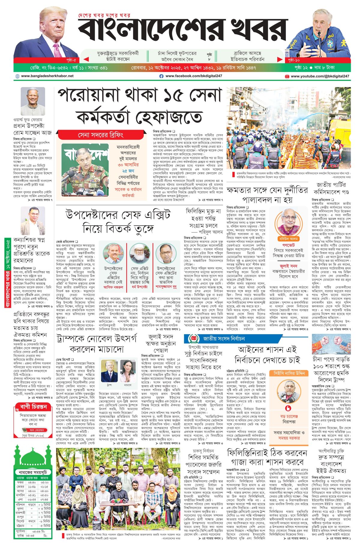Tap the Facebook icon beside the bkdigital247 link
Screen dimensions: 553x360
(161, 76)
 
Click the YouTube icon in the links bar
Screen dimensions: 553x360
(287, 77)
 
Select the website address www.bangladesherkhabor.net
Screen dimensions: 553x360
(47, 76)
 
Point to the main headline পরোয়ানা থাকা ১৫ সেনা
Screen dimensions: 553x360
(139, 95)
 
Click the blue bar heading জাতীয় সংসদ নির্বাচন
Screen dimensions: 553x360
(224, 339)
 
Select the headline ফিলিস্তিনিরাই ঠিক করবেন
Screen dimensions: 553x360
(267, 453)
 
